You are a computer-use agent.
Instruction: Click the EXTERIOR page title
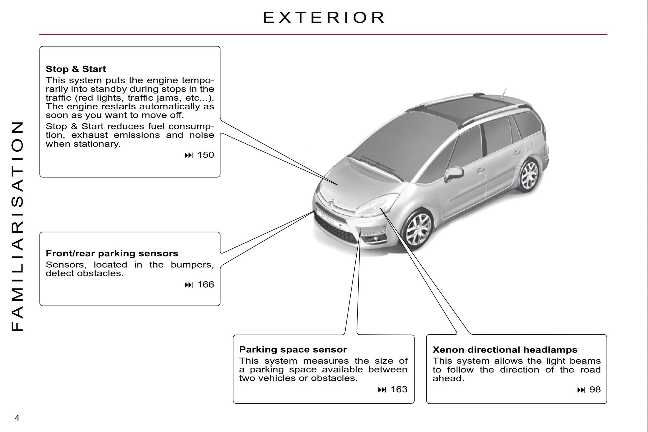tap(323, 18)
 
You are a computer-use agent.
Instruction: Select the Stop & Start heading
tap(76, 69)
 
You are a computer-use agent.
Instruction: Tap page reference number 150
tap(206, 155)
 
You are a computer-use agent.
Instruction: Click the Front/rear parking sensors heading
tap(112, 253)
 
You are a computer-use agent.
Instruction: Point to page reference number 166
tap(206, 285)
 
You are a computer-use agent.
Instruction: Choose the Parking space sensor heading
tap(293, 350)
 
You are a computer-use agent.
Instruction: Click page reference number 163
tap(399, 389)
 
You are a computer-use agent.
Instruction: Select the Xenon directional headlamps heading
tap(505, 350)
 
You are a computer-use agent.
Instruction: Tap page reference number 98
tap(595, 389)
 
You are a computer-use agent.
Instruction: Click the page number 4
tap(17, 418)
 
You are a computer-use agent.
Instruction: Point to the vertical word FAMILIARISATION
tap(17, 226)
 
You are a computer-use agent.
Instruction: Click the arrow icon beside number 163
tap(382, 389)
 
